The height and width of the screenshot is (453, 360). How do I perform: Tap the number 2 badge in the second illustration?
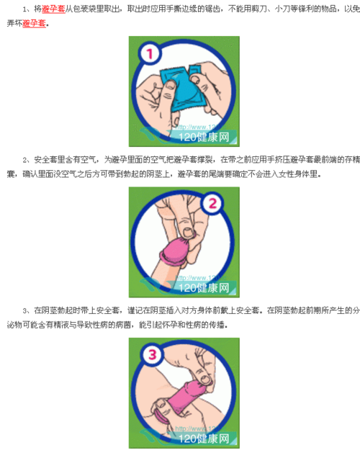[212, 205]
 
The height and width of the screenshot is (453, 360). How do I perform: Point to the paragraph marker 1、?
[27, 9]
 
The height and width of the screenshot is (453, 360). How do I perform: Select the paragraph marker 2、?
[27, 160]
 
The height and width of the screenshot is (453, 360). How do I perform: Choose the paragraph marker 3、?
[27, 310]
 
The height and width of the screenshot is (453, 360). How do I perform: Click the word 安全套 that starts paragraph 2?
[45, 160]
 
